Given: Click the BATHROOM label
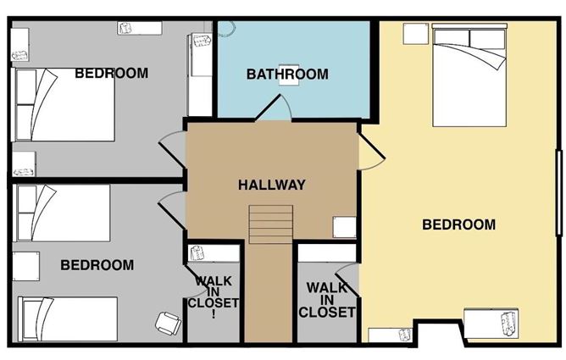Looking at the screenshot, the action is tap(287, 75).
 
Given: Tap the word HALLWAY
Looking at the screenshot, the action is tap(272, 185).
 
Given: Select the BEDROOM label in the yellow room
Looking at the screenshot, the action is tap(458, 224).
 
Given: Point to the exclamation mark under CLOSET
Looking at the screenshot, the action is tap(214, 314).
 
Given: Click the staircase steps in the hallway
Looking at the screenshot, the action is tap(271, 224).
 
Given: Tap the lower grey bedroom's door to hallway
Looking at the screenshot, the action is tap(172, 210).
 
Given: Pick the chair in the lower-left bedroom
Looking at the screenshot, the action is tap(169, 323).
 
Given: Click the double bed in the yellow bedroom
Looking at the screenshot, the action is tap(469, 75).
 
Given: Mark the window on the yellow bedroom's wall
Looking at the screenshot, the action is tap(559, 193).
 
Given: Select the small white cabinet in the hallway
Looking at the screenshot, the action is tap(344, 227).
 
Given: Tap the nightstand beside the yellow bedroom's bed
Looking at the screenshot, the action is tap(415, 34).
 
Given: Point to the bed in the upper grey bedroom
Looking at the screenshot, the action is tap(64, 104).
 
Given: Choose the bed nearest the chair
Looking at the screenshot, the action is tap(68, 318).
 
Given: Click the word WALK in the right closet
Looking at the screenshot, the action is tap(327, 288).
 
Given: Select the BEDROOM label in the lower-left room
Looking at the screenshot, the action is tap(97, 265).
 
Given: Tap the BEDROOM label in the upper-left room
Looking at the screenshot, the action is tap(112, 73).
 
